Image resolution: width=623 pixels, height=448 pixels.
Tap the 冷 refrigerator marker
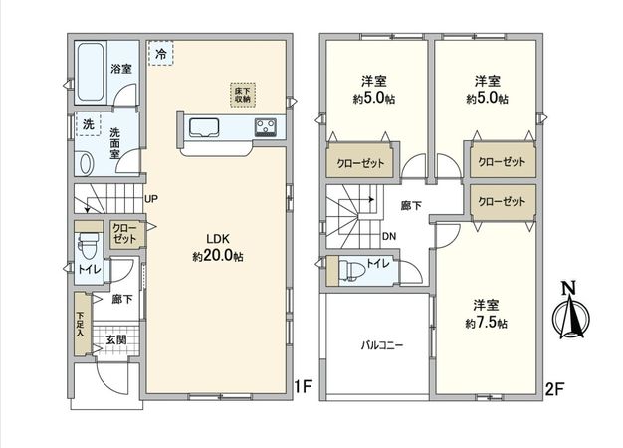click(x=160, y=54)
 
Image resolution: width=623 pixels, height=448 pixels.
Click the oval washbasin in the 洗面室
click(x=86, y=162)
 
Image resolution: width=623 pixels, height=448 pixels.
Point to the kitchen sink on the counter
click(x=205, y=127)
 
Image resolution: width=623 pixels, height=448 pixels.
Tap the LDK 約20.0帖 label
click(x=218, y=248)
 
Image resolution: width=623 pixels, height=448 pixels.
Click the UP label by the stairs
click(x=151, y=199)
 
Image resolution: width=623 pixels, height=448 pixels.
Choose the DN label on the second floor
click(x=391, y=236)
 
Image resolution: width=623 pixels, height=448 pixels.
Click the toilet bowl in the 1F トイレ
click(x=87, y=244)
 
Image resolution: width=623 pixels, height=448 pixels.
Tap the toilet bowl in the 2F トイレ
click(x=347, y=270)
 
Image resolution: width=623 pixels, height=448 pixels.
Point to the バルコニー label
click(x=379, y=346)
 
